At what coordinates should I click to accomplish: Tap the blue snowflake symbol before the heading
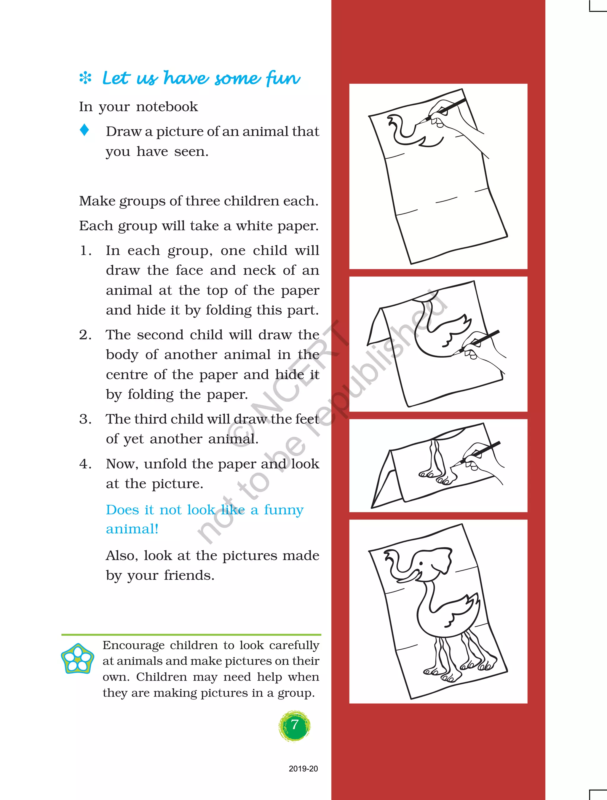click(85, 78)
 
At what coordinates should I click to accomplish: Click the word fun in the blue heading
click(283, 78)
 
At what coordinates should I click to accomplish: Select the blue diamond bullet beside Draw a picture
click(84, 130)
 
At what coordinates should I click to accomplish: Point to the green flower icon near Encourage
click(77, 659)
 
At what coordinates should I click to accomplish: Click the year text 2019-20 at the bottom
click(303, 769)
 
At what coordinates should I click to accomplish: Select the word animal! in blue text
click(132, 529)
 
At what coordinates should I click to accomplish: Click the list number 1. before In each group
click(85, 251)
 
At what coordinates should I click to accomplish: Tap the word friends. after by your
click(189, 575)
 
